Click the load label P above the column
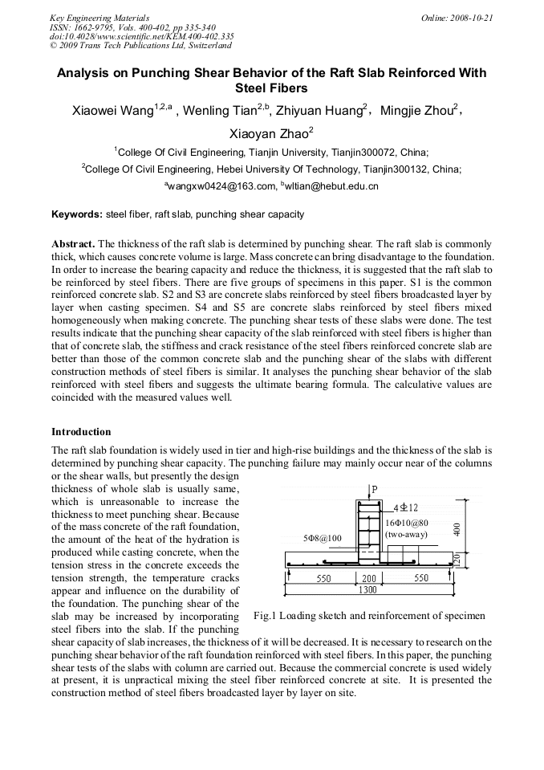click(374, 489)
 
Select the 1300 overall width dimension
click(369, 589)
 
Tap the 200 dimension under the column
click(369, 578)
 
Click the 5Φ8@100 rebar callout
click(323, 537)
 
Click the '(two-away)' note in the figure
click(407, 534)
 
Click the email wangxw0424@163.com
click(219, 186)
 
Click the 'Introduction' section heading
click(81, 431)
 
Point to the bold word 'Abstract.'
click(73, 242)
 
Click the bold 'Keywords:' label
click(77, 214)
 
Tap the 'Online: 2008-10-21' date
click(457, 18)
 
